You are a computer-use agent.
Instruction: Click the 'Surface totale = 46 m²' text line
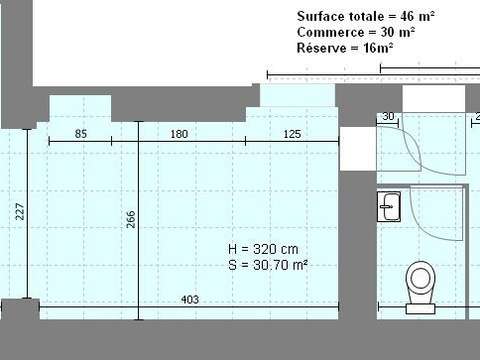tap(366, 16)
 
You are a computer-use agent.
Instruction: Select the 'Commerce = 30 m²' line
tap(356, 32)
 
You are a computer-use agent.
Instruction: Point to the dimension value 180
tap(180, 134)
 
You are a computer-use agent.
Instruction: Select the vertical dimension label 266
tap(131, 220)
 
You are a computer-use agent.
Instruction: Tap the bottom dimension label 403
tap(189, 298)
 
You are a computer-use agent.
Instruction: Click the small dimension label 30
tap(388, 117)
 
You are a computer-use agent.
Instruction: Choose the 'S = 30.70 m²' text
tap(268, 265)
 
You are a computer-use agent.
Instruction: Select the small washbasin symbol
tap(390, 207)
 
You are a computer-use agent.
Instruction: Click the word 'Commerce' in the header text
tap(329, 32)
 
